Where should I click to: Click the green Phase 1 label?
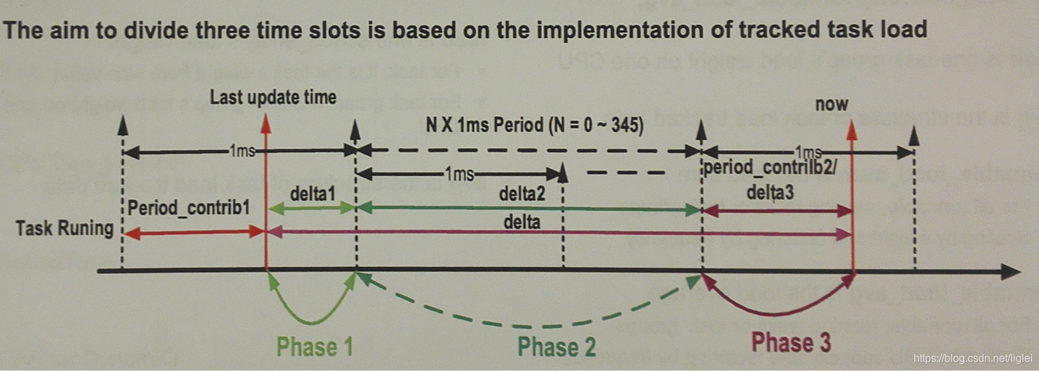pyautogui.click(x=314, y=346)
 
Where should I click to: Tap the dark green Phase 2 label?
pyautogui.click(x=556, y=347)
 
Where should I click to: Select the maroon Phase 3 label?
pyautogui.click(x=791, y=342)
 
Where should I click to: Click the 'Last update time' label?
pyautogui.click(x=273, y=98)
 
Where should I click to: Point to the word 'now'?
pyautogui.click(x=832, y=104)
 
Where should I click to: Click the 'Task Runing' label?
pyautogui.click(x=65, y=229)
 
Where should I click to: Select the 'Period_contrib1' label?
pyautogui.click(x=189, y=206)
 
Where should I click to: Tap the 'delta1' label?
pyautogui.click(x=311, y=194)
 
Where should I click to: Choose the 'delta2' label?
pyautogui.click(x=522, y=195)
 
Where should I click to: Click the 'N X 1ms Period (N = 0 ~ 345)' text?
pyautogui.click(x=534, y=125)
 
